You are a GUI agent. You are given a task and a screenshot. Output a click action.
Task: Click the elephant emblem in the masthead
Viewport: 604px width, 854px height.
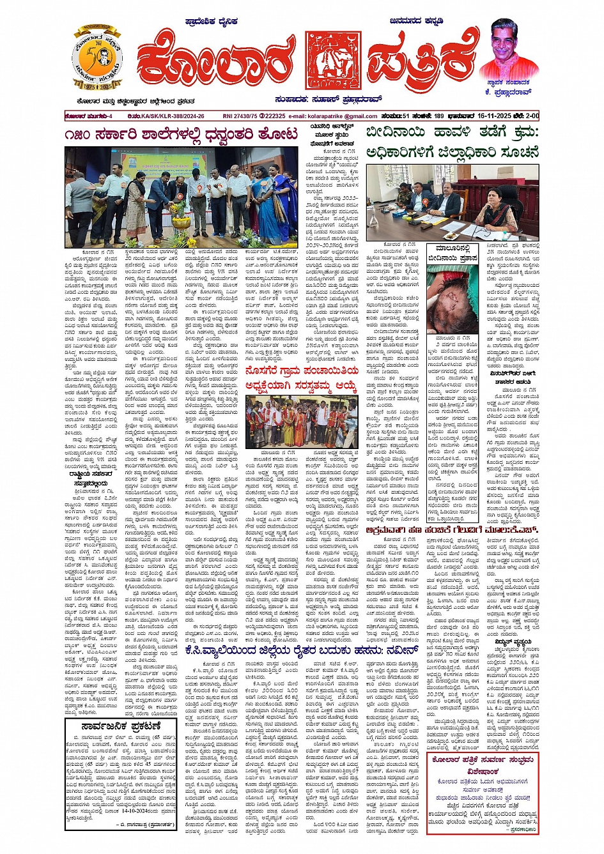click(x=332, y=61)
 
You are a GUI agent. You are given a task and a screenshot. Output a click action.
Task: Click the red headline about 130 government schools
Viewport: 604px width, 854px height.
click(x=181, y=135)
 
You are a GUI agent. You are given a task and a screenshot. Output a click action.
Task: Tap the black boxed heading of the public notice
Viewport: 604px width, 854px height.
click(x=120, y=726)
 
